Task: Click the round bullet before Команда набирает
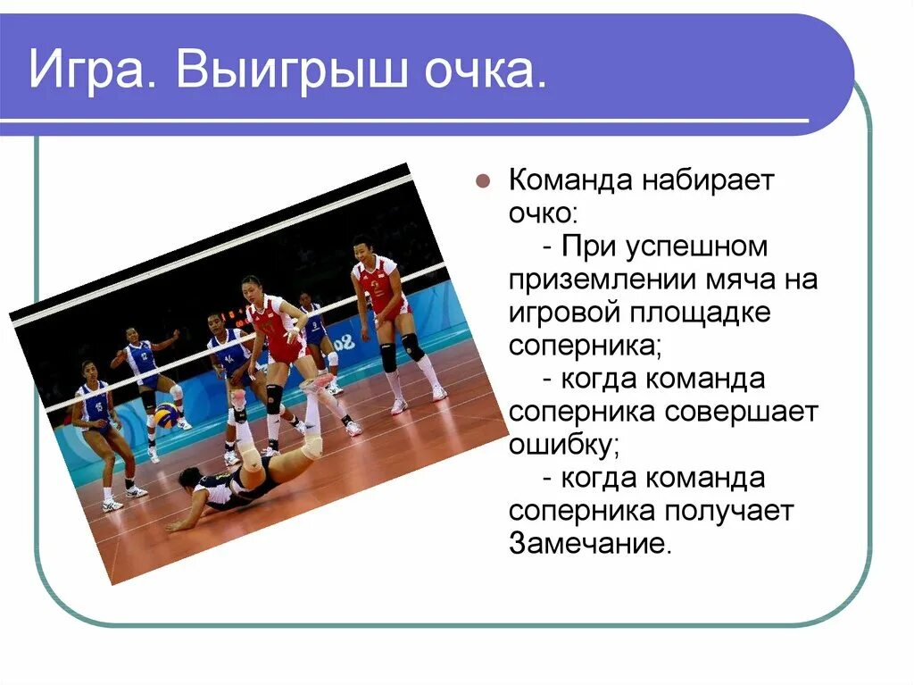483,180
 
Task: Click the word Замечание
589,544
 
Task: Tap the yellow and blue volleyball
166,415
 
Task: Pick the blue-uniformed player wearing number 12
143,361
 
